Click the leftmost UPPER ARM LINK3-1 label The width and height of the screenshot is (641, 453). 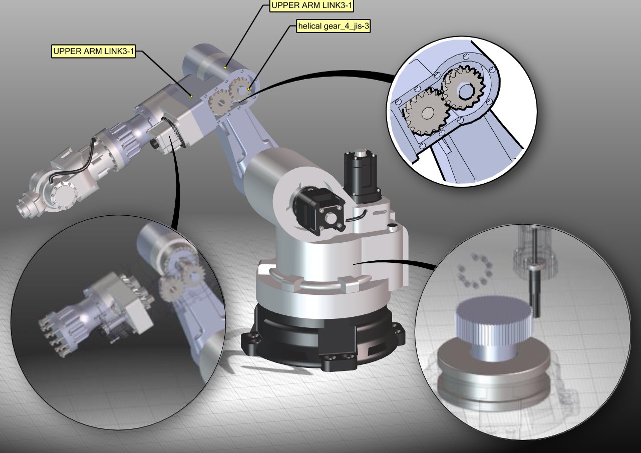(x=94, y=51)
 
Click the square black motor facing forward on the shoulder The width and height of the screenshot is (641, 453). (x=318, y=210)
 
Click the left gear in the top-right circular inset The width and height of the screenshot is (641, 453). (x=426, y=114)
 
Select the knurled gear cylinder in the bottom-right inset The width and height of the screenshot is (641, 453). (x=492, y=325)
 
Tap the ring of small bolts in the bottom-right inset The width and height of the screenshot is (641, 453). (x=474, y=270)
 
